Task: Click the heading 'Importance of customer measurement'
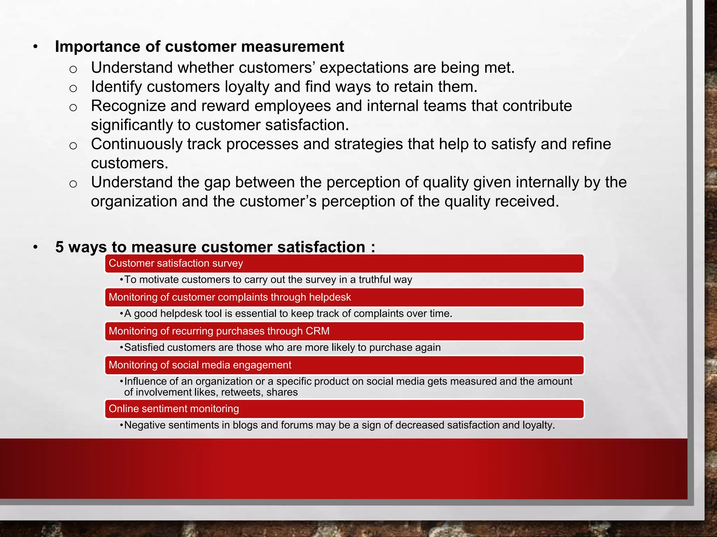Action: click(x=199, y=47)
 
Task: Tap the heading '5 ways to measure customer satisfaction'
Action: click(x=215, y=247)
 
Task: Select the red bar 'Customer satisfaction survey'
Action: click(x=344, y=263)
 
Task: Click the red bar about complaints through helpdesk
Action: click(x=344, y=297)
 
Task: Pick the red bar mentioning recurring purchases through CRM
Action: click(x=344, y=331)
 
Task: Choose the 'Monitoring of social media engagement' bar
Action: click(x=344, y=365)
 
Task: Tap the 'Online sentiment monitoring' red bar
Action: click(x=344, y=409)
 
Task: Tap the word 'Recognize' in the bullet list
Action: click(x=128, y=106)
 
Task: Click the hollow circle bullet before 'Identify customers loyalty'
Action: click(x=73, y=88)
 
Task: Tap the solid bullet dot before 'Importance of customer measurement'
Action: click(x=35, y=47)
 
